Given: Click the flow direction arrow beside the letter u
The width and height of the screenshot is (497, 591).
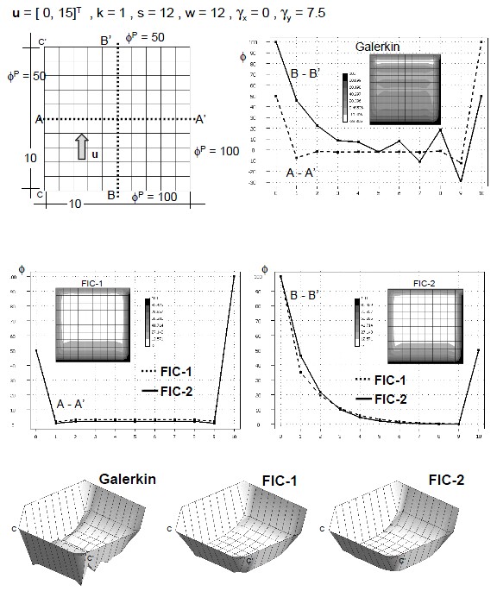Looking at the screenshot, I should (81, 147).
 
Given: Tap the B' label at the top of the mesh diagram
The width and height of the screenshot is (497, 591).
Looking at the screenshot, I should (105, 41).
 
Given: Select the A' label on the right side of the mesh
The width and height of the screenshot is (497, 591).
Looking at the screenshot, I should (200, 119).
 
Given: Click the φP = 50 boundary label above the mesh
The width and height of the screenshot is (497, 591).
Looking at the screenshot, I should (144, 38).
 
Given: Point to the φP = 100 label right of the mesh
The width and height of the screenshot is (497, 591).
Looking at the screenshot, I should (216, 151).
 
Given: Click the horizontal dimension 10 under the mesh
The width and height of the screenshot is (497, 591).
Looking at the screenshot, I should (75, 203).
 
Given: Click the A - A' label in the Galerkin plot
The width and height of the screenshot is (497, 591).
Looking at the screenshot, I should (302, 172).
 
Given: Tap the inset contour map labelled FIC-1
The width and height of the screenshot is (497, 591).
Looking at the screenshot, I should (92, 324).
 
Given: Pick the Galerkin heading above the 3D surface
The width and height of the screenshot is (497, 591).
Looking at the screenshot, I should (126, 479).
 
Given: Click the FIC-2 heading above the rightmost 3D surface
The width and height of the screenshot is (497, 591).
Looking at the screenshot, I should (446, 479).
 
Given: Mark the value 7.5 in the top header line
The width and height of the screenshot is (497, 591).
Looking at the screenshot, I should (314, 12).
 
